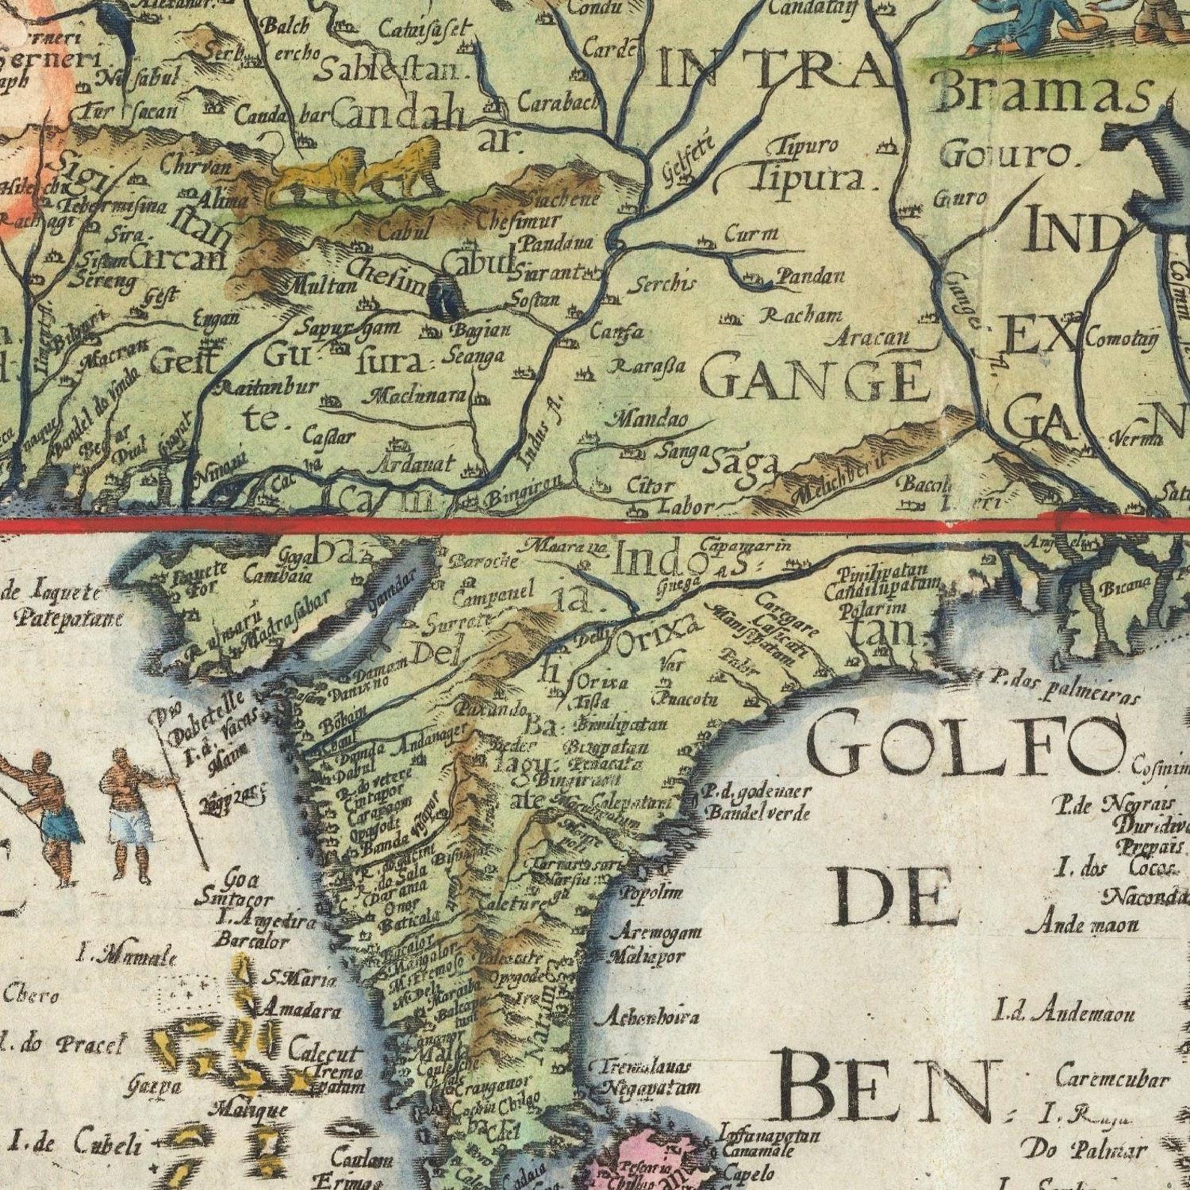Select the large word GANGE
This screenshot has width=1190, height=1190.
(x=812, y=380)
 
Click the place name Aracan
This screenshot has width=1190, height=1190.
(x=869, y=338)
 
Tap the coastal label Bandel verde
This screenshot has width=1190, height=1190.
(x=758, y=812)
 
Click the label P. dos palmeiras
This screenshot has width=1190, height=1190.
(x=1064, y=687)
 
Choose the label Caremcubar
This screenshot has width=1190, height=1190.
(x=1112, y=1078)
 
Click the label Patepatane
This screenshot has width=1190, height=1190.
(x=68, y=619)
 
